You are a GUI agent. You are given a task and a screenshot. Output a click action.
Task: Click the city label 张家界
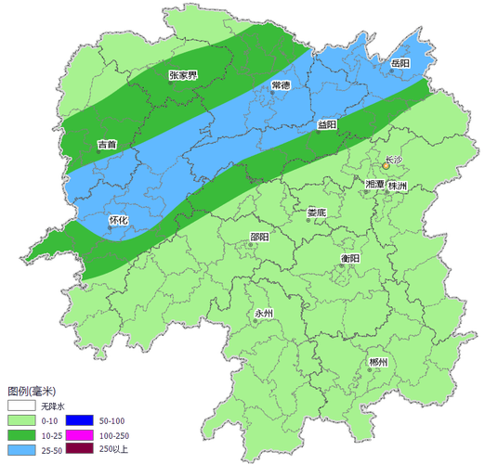coord(183,76)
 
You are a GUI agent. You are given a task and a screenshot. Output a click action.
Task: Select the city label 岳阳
coord(400,63)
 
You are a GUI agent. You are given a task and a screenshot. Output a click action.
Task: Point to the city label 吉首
coord(107,145)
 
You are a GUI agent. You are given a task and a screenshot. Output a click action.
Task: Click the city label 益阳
coord(327,124)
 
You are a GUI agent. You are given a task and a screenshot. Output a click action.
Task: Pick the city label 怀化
coord(118,220)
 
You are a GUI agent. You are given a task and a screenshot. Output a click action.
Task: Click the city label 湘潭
coord(376,186)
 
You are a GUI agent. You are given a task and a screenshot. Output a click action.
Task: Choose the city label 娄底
coord(317,212)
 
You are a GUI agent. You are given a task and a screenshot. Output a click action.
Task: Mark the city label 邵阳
coord(259,237)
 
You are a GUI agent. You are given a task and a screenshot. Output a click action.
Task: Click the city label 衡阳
coord(349,257)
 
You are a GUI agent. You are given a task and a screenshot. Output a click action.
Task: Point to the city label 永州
coord(264,314)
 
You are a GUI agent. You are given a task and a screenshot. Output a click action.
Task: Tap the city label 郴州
coord(376,361)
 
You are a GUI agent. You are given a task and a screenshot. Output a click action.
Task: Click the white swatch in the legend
coord(21,406)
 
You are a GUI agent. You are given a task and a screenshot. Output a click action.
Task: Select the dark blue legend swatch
coord(78,421)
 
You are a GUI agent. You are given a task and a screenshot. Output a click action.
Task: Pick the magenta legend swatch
coord(78,435)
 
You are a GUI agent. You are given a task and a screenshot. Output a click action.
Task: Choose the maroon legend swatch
coord(78,449)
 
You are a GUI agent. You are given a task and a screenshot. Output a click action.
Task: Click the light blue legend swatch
coord(21,449)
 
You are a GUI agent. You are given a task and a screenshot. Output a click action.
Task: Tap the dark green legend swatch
coord(21,435)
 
